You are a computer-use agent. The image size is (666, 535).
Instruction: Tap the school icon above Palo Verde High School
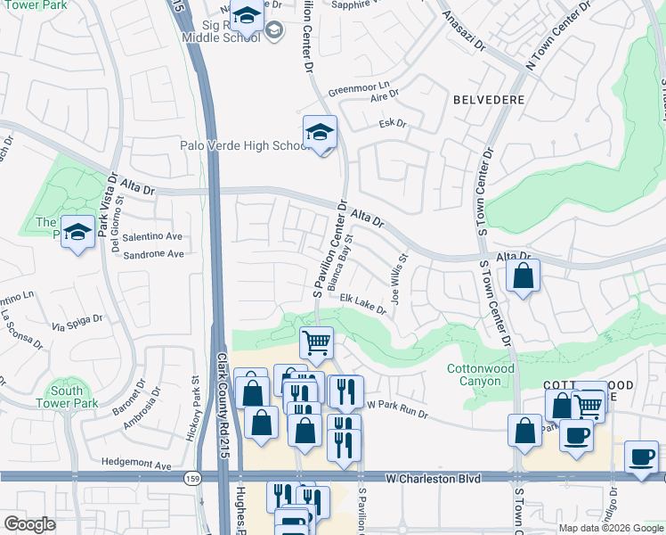(x=320, y=132)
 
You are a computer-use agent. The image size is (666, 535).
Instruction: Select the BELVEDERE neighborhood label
(x=487, y=100)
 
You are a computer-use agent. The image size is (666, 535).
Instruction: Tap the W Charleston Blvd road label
(x=434, y=479)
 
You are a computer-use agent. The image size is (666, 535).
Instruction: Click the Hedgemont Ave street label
(x=135, y=465)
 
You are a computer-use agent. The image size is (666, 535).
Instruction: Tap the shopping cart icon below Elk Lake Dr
(x=316, y=342)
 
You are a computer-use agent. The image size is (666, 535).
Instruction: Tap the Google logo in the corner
(x=29, y=524)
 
